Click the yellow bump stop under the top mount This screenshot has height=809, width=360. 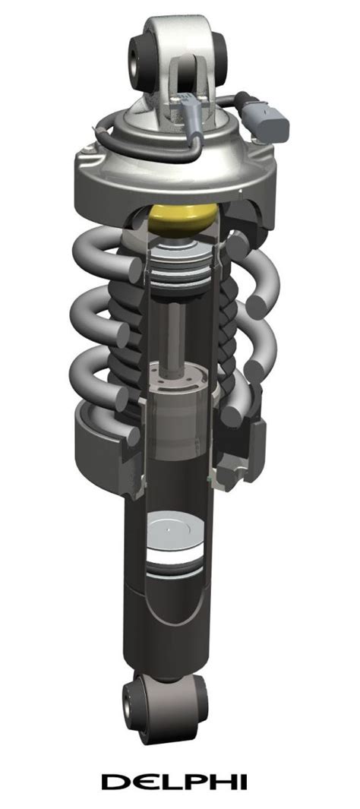click(183, 220)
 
